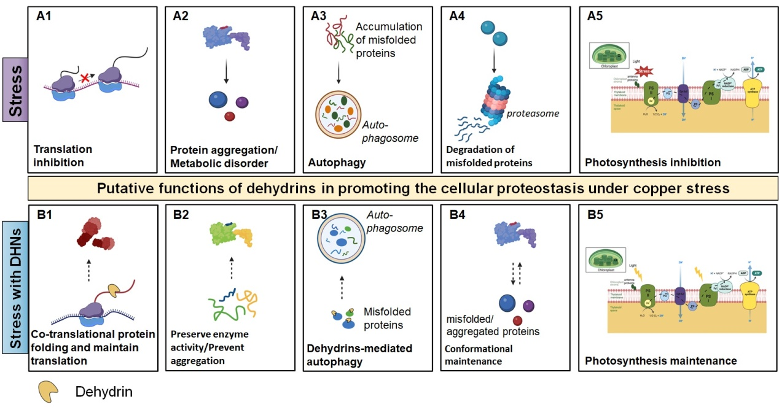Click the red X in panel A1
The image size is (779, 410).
pyautogui.click(x=84, y=78)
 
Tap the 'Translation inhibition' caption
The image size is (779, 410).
pyautogui.click(x=63, y=155)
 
